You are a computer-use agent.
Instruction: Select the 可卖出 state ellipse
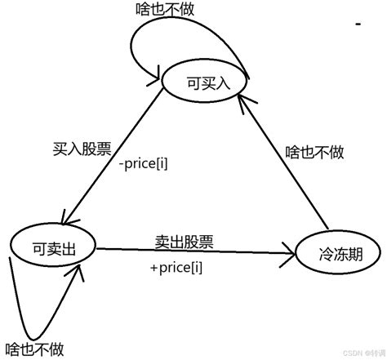(53, 248)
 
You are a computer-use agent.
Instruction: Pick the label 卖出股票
(184, 241)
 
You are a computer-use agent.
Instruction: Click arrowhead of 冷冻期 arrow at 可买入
(240, 98)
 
